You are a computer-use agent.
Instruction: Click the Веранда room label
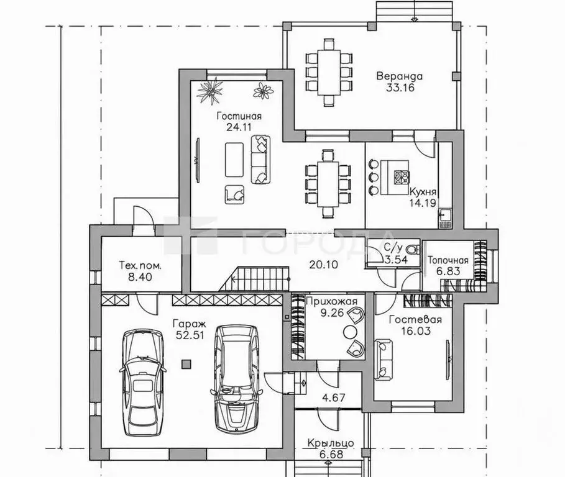(x=400, y=76)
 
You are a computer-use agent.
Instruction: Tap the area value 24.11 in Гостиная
(x=239, y=127)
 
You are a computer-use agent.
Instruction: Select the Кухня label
(x=423, y=191)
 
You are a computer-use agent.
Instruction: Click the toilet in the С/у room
(x=412, y=249)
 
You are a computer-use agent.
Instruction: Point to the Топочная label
(x=448, y=260)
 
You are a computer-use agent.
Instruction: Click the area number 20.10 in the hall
(x=324, y=265)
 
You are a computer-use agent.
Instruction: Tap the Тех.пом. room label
(x=140, y=266)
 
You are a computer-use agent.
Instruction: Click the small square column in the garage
(x=186, y=365)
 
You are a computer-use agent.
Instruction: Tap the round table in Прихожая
(x=349, y=331)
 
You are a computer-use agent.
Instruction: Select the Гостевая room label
(x=415, y=320)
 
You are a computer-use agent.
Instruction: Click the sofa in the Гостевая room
(x=384, y=359)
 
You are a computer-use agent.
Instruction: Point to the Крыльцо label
(x=331, y=443)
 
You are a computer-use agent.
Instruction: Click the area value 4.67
(x=333, y=397)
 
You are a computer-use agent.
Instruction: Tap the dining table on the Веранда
(x=328, y=73)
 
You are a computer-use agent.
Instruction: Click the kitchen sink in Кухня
(x=443, y=216)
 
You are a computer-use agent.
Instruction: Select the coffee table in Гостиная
(x=234, y=160)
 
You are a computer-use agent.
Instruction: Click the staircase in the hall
(x=254, y=278)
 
